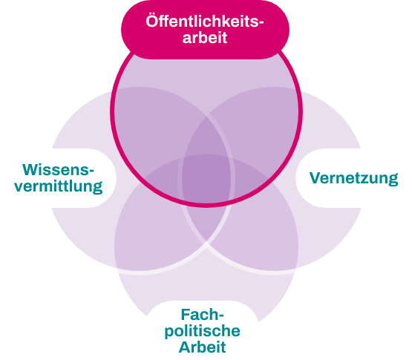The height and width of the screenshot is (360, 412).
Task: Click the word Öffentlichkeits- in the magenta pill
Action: pos(205,22)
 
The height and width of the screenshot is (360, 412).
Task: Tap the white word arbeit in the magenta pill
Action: pos(205,38)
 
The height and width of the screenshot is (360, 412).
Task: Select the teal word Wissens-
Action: pos(58,170)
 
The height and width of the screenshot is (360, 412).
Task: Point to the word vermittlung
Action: pos(59,186)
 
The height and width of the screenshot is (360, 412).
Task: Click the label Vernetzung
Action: pos(353,178)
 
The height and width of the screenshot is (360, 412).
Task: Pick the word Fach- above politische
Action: pos(203,315)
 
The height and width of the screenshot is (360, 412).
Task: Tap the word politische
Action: pos(203,331)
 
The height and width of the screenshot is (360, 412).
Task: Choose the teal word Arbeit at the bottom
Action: pos(203,347)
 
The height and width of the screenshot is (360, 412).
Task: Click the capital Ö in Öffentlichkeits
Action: pos(152,21)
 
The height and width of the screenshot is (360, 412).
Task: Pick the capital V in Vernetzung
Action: pos(315,178)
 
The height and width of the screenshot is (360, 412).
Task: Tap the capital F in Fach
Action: pos(186,315)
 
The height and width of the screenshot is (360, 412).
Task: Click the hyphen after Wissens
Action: pos(92,171)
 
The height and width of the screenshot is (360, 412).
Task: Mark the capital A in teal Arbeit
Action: pos(185,347)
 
